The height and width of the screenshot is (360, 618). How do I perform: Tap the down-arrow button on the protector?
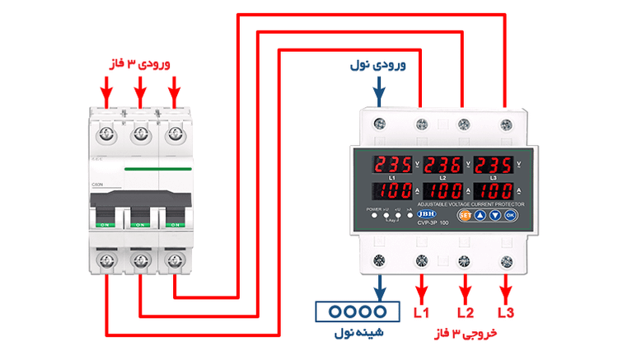494,214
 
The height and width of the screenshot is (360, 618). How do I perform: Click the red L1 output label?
422,314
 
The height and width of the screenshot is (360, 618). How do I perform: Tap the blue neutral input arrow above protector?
379,91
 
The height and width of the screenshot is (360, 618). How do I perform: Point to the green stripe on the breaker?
157,168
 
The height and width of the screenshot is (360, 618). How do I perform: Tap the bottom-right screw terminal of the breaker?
174,260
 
